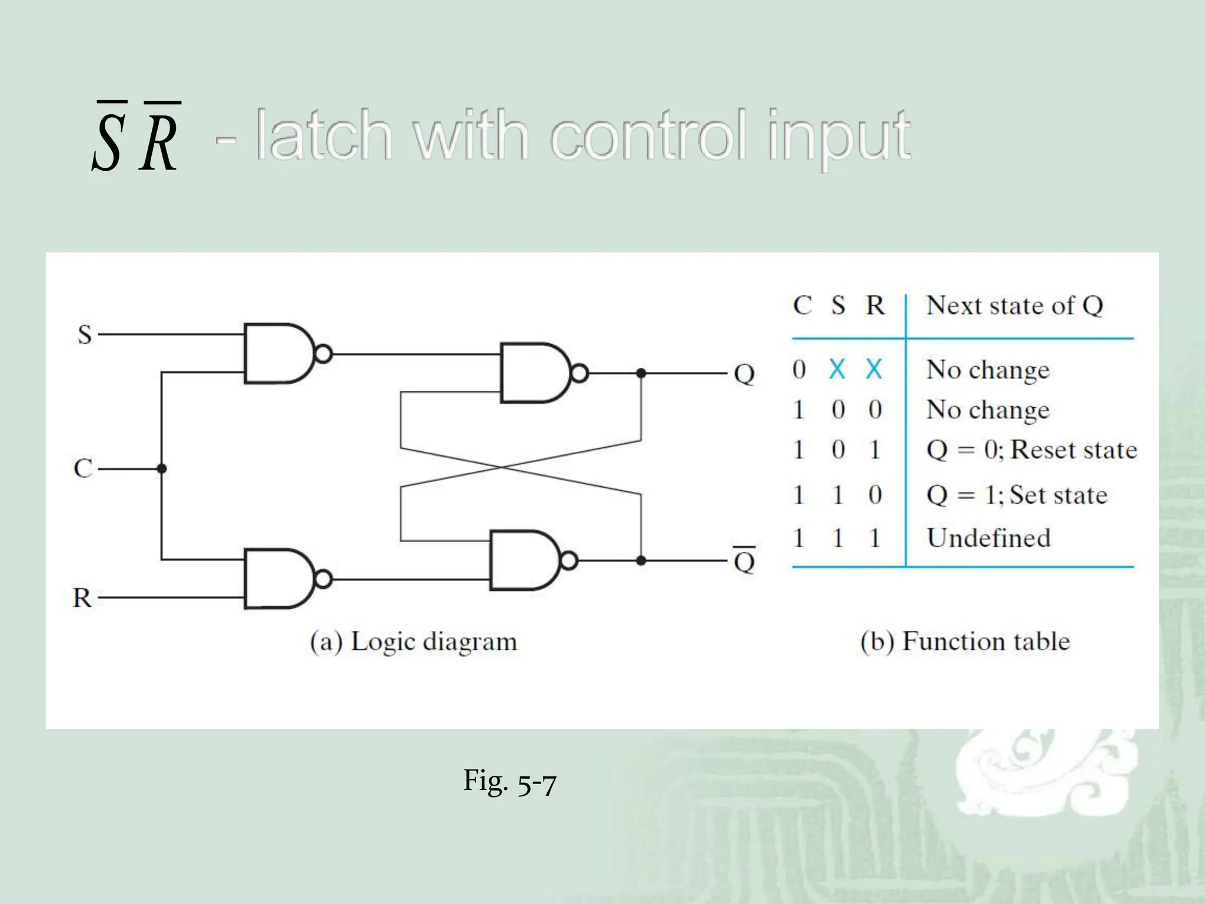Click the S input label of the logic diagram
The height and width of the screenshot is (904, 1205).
point(85,334)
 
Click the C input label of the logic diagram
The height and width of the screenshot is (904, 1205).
point(83,468)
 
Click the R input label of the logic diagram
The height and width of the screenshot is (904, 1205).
point(82,598)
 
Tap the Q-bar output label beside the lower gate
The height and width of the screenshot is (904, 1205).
point(744,560)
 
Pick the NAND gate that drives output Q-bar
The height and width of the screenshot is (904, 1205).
point(526,560)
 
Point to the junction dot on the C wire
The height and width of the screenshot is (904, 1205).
point(162,468)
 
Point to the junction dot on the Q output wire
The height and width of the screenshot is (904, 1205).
point(641,373)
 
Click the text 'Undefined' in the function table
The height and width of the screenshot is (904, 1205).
point(988,538)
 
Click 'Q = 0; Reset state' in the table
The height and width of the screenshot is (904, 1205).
point(1031,450)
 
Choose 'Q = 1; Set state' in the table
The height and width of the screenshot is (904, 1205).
point(1017,495)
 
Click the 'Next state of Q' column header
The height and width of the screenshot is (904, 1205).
point(1014,305)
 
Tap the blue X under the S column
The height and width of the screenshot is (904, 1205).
point(837,370)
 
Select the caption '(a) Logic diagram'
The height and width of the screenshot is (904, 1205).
point(414,642)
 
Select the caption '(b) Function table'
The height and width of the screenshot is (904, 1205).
point(965,641)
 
